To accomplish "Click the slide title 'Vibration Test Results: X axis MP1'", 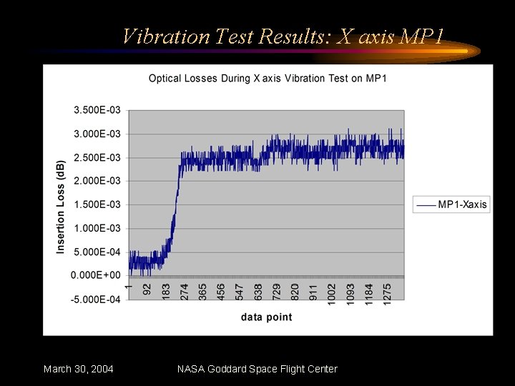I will click(x=283, y=36).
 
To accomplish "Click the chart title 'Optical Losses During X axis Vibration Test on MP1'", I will click(x=268, y=78).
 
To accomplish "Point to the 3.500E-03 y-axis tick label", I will click(x=97, y=110).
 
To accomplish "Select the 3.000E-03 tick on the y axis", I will click(x=97, y=134).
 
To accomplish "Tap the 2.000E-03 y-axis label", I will click(x=97, y=181).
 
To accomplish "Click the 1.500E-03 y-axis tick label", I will click(x=97, y=204).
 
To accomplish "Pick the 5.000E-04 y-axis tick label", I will click(x=97, y=252).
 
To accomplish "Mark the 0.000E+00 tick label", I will click(x=97, y=275).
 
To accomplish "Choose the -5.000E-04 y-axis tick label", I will click(x=96, y=300).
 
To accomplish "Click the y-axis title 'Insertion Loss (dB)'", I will click(x=61, y=206).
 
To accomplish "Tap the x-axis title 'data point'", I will click(x=266, y=317).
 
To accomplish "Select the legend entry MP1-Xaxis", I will click(x=461, y=204).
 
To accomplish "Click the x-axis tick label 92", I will click(x=147, y=289).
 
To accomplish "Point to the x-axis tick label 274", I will click(x=185, y=291).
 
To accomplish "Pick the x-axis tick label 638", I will click(x=258, y=291).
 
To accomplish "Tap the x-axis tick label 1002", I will click(x=332, y=293).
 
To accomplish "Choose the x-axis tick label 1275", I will click(x=388, y=293).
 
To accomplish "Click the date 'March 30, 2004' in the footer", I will click(x=78, y=369).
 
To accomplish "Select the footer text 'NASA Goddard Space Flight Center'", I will click(x=257, y=369).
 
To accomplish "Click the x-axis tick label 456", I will click(x=222, y=291).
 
